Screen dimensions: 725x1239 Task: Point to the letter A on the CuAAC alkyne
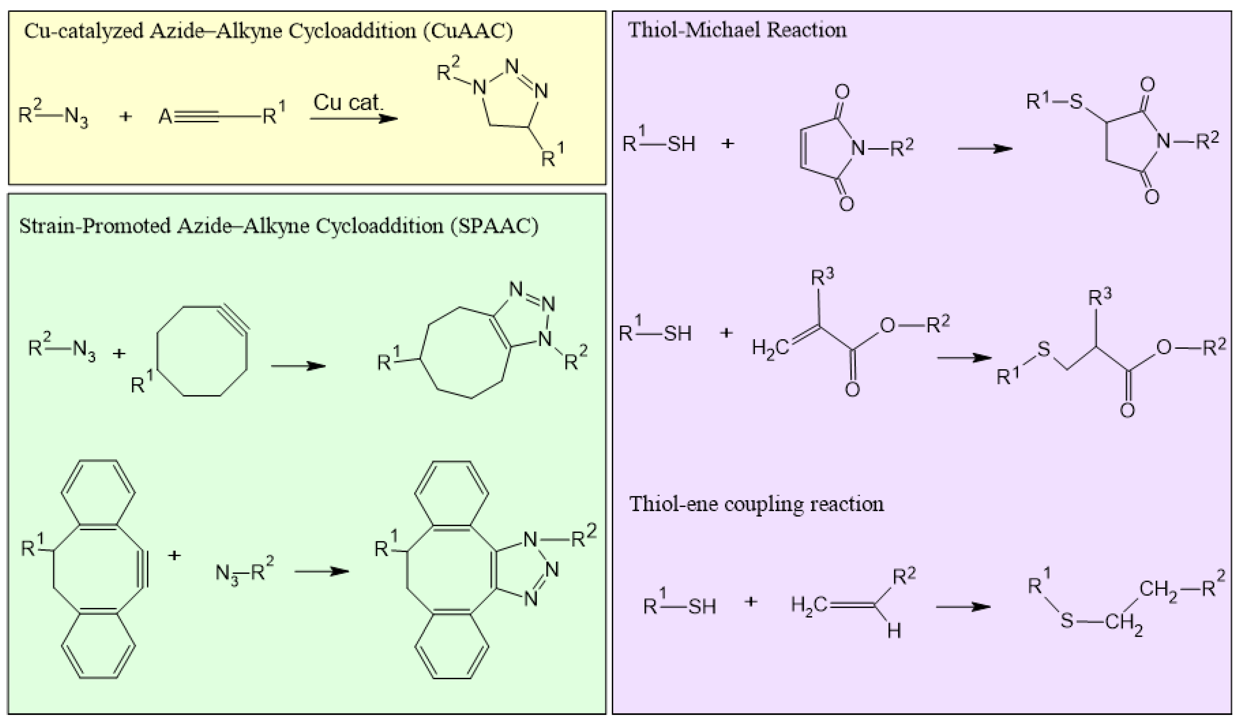coord(165,117)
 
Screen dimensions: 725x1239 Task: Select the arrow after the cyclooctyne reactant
coord(298,366)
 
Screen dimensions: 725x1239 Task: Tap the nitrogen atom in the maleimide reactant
coord(858,147)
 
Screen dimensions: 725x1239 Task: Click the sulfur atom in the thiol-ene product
coord(1066,621)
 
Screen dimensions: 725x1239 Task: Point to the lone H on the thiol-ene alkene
coord(894,631)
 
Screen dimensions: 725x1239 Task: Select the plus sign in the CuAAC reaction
coord(126,117)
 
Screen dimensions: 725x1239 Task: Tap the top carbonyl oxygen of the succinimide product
coord(1147,85)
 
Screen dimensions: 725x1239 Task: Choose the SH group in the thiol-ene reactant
coord(702,607)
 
